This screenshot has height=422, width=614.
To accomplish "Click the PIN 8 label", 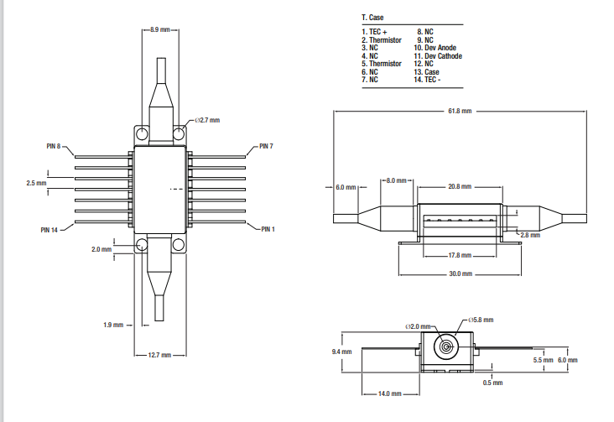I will click(53, 146).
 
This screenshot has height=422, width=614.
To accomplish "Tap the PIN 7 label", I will click(266, 146).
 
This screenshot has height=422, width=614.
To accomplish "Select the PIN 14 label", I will click(49, 229).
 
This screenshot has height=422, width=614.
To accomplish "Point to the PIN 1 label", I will click(268, 229).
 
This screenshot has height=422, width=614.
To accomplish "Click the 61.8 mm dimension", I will click(460, 111).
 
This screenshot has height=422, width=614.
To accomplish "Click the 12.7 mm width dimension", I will click(160, 356).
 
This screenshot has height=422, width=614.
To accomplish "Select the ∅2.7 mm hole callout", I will click(206, 120).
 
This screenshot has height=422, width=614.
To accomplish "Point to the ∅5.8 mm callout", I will click(481, 320).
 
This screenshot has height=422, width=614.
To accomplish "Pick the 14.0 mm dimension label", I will click(389, 393).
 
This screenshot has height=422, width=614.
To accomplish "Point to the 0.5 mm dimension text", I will click(492, 383).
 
